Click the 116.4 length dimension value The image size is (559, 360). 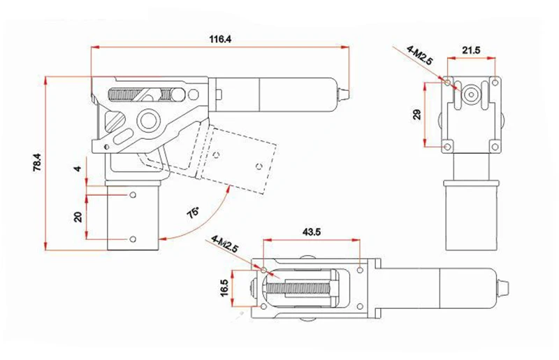220,39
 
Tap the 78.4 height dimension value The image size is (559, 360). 38,162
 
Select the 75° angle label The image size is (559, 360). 194,213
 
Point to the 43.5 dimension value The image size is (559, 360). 311,232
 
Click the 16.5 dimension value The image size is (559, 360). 224,287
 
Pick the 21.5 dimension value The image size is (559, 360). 471,50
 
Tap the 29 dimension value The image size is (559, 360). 416,115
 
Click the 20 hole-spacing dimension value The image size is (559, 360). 78,217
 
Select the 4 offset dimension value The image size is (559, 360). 78,168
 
